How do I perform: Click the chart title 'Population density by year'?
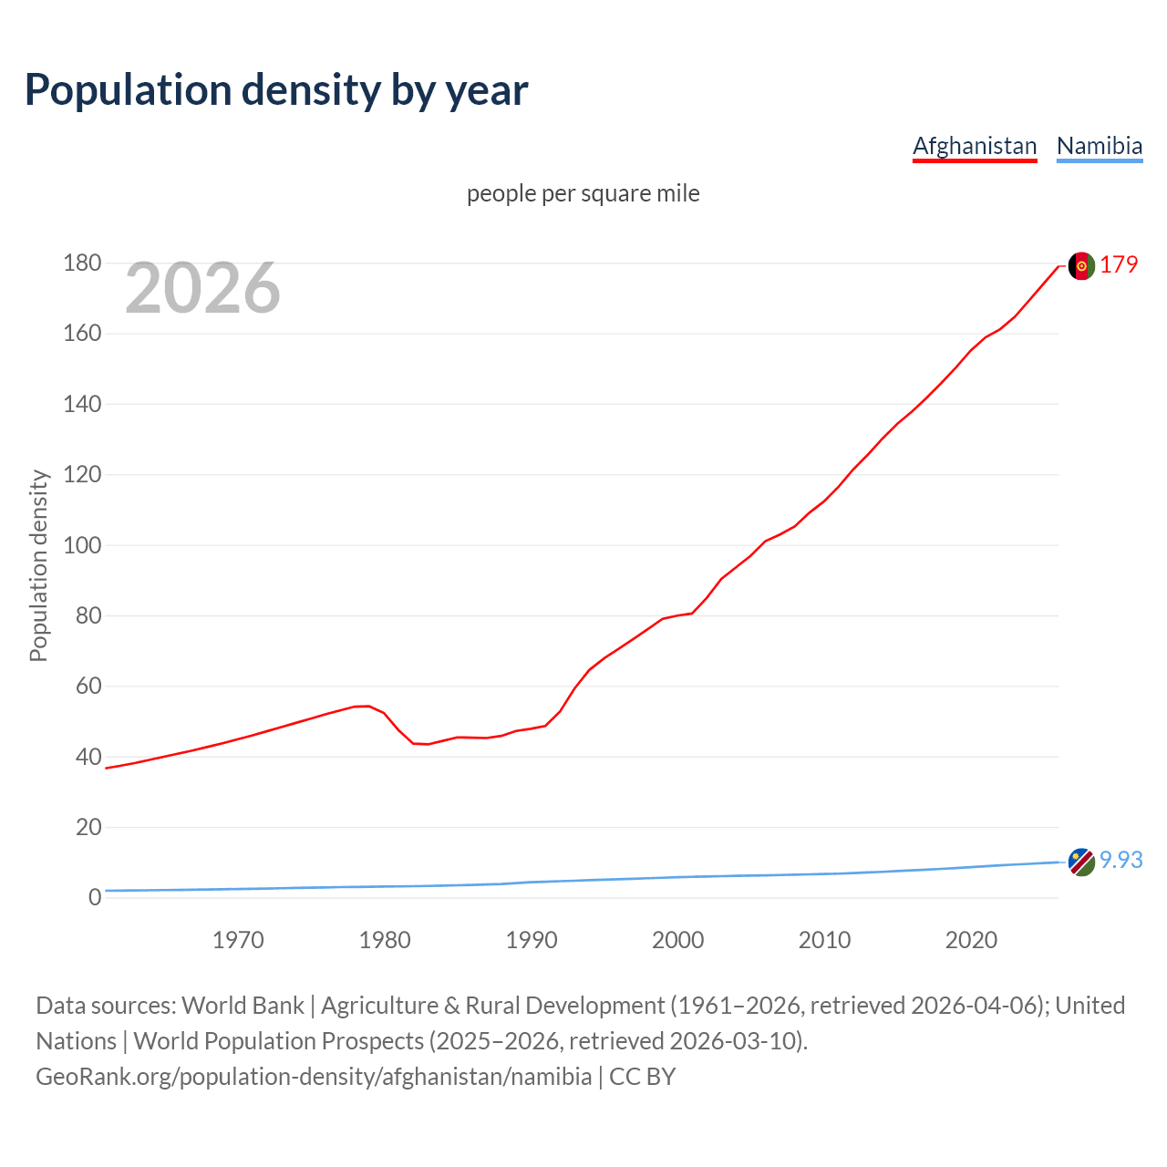(276, 90)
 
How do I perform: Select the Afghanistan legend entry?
(975, 146)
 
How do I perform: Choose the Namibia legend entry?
(1099, 146)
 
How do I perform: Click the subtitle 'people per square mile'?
(583, 193)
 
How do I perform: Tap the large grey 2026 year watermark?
(202, 288)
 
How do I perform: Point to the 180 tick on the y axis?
(82, 263)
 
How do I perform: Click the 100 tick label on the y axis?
(82, 545)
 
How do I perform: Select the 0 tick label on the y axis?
(95, 897)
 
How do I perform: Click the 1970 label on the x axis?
(238, 940)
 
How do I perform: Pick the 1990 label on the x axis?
(532, 940)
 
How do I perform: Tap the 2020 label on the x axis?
(971, 940)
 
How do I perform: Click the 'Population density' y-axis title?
(38, 565)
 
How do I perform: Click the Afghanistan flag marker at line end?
(1081, 266)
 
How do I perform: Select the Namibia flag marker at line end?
(1081, 862)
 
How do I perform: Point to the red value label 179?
(1119, 265)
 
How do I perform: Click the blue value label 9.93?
(1121, 860)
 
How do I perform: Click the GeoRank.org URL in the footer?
(314, 1077)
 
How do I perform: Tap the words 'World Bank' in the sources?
(243, 1006)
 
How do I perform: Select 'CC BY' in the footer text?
(642, 1077)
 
